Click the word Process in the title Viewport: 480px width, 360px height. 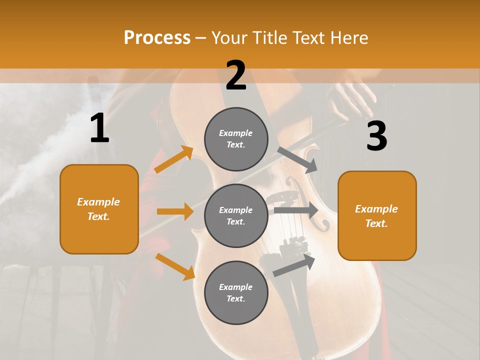pyautogui.click(x=157, y=38)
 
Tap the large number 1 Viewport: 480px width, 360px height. pyautogui.click(x=99, y=128)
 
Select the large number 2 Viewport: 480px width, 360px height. pyautogui.click(x=236, y=75)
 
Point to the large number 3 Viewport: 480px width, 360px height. pyautogui.click(x=376, y=135)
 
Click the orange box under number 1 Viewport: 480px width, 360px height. pyautogui.click(x=99, y=209)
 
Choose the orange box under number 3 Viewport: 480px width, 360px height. pyautogui.click(x=377, y=216)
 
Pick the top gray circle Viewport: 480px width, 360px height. pyautogui.click(x=236, y=139)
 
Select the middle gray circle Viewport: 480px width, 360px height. pyautogui.click(x=236, y=216)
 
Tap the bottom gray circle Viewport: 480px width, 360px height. pyautogui.click(x=236, y=293)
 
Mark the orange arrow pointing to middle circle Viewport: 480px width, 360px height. pyautogui.click(x=175, y=211)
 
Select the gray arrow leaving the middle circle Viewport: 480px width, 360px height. pyautogui.click(x=295, y=210)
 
